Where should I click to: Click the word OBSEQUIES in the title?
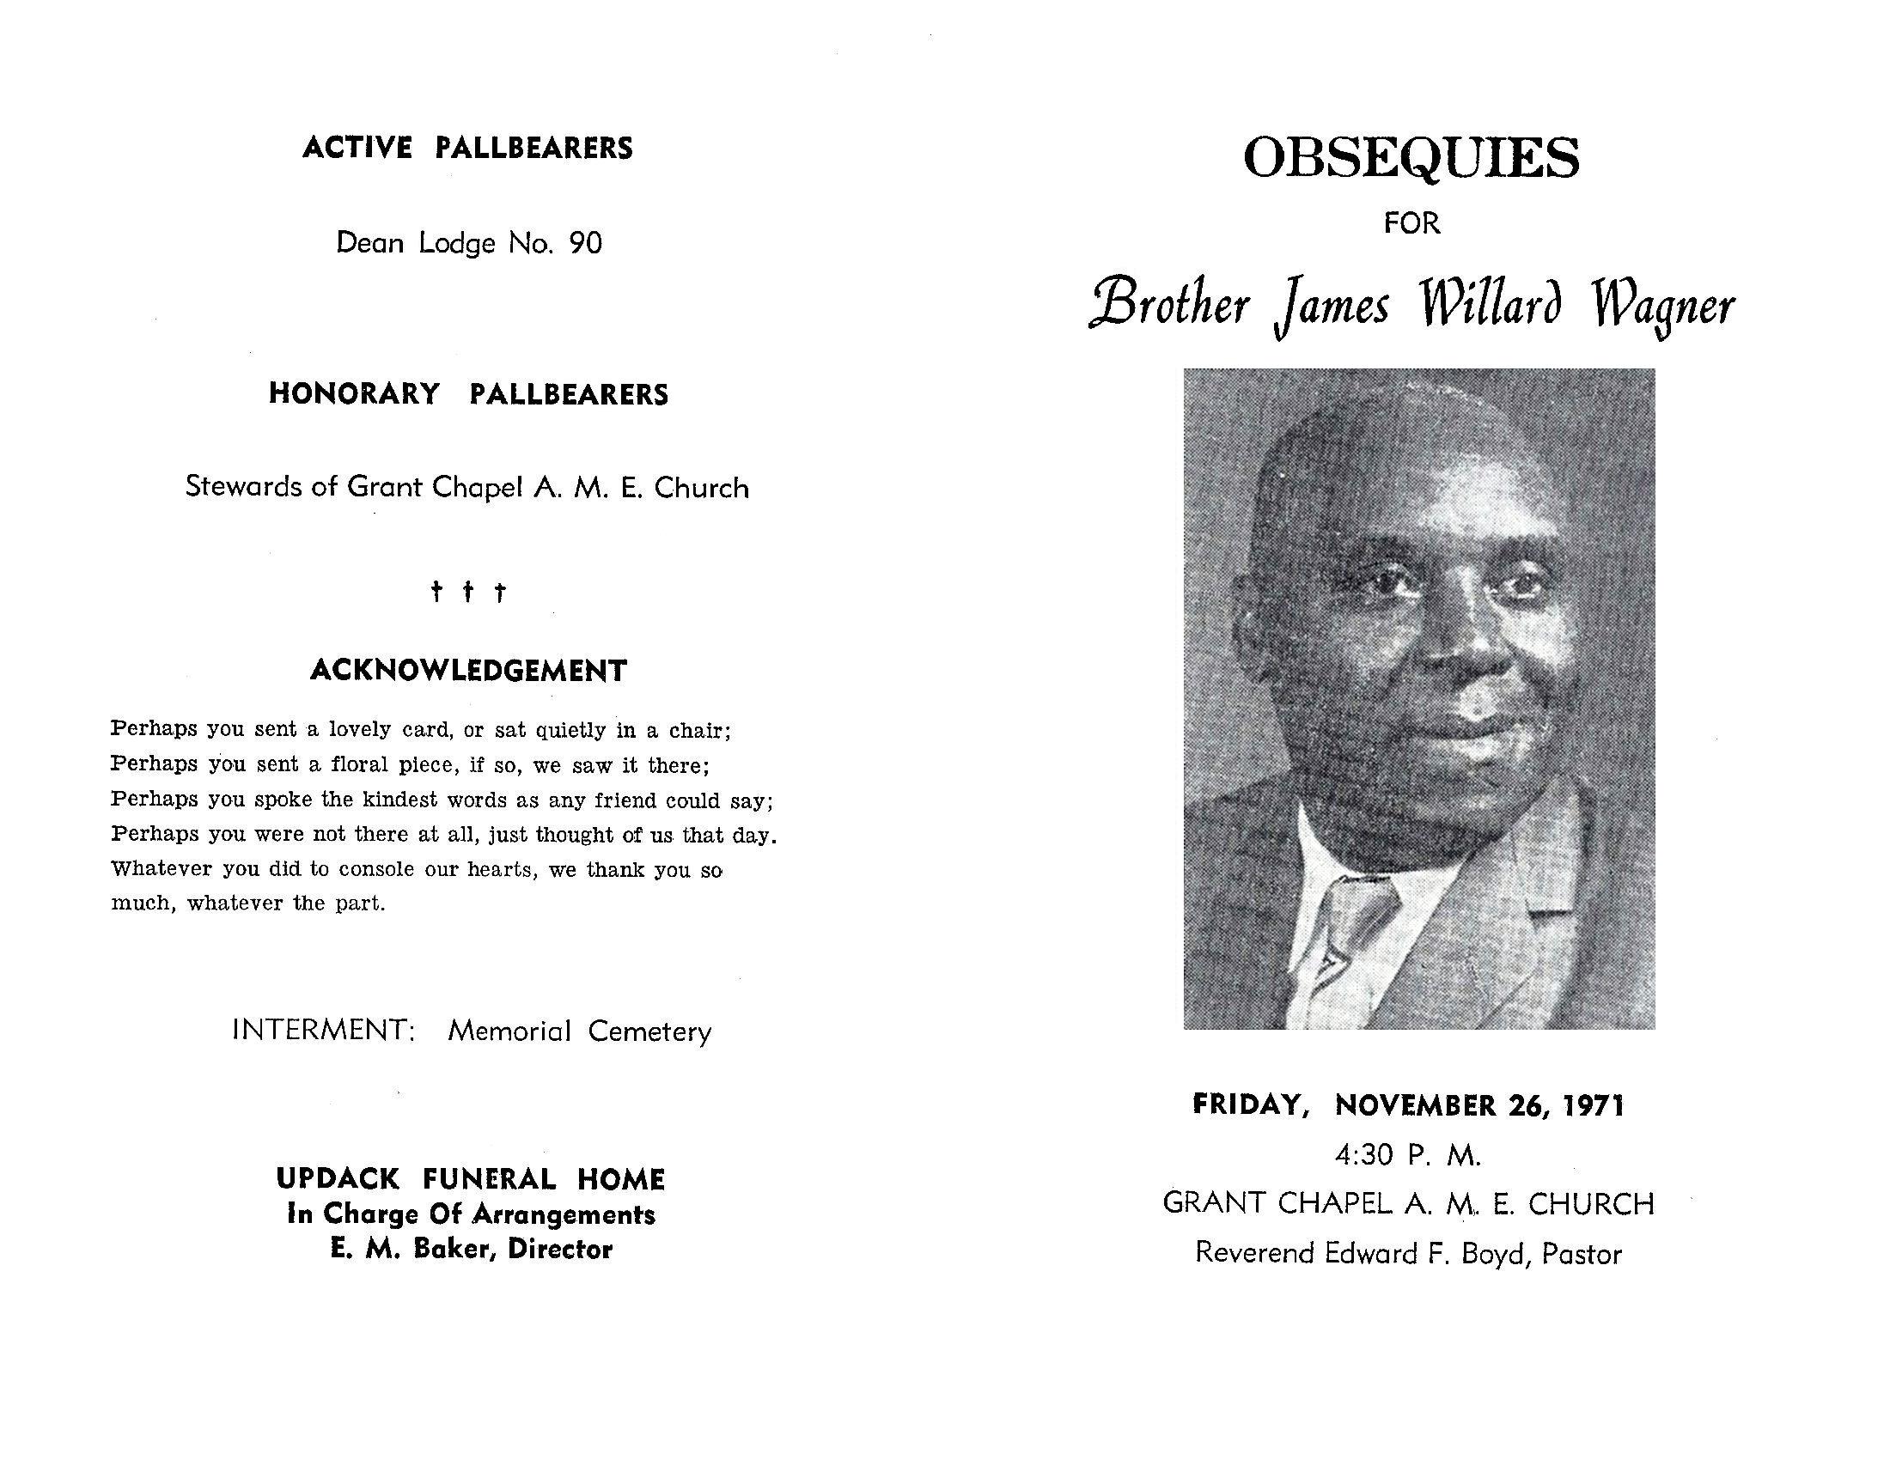[1411, 157]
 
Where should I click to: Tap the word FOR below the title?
[1411, 223]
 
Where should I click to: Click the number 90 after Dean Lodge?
[585, 243]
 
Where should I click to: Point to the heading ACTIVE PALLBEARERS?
[467, 148]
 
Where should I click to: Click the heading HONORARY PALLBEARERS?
[468, 394]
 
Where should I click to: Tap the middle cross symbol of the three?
[468, 592]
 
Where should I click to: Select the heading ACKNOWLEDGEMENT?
[468, 671]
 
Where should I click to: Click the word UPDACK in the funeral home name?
[338, 1179]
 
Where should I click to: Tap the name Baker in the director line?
[452, 1249]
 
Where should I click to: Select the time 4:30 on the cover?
[1364, 1154]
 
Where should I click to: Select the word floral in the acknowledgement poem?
[358, 765]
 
